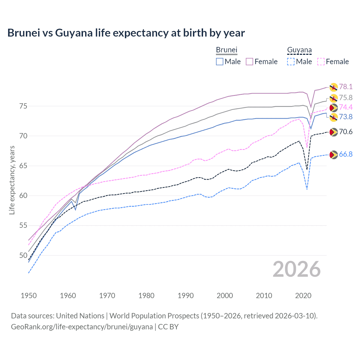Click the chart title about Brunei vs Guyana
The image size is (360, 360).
(x=126, y=33)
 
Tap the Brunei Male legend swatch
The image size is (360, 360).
(x=220, y=62)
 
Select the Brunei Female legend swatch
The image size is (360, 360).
(x=249, y=62)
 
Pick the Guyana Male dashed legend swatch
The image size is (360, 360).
(x=291, y=62)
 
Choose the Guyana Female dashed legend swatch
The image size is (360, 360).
(x=321, y=62)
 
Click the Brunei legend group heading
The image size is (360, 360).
(x=227, y=50)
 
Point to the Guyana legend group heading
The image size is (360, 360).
(x=299, y=50)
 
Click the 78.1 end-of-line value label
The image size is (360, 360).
(x=346, y=87)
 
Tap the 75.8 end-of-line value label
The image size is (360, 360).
(x=346, y=98)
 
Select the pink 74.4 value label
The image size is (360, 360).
(x=346, y=107)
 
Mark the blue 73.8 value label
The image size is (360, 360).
(x=346, y=117)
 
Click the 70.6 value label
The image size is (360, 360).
(x=346, y=132)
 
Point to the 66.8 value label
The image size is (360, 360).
(x=346, y=154)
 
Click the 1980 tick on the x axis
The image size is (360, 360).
(x=146, y=296)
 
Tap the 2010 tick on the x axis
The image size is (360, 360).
(x=264, y=296)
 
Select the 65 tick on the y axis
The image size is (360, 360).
(x=23, y=166)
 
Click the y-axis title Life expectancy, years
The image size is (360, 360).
(x=12, y=180)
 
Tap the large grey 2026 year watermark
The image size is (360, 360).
(x=296, y=269)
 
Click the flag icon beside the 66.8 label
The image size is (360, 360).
(x=333, y=154)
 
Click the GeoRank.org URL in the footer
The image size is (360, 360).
(x=82, y=327)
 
